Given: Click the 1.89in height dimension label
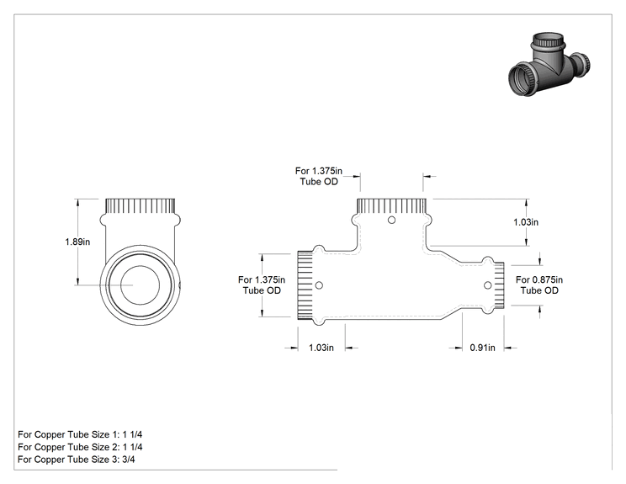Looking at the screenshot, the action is coord(77,242).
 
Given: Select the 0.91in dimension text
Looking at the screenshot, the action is coord(482,348).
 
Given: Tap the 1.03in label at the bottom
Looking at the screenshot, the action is coord(321,348).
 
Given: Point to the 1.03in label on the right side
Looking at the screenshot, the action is coord(526,222).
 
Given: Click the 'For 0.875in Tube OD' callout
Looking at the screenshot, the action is coord(539,285).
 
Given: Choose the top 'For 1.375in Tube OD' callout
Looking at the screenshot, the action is coord(319,176).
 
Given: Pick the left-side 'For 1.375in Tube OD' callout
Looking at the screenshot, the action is coord(262,285).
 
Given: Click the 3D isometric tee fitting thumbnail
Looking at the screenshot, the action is coord(549,65).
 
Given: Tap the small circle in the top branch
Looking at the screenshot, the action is coord(391,220).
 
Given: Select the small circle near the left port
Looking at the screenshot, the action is coord(319,285).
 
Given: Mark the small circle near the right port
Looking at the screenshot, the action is coord(487,285).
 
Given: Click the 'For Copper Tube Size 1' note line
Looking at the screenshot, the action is coord(80,434).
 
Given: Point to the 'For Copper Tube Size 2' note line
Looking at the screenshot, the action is coord(80,447).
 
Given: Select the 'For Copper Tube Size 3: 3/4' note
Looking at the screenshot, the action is coord(77,460).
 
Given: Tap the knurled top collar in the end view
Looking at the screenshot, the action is coord(141,206).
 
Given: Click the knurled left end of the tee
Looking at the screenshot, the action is coord(305,285).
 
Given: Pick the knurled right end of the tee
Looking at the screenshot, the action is coord(499,285).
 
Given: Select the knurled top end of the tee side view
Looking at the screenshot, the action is coord(391,206).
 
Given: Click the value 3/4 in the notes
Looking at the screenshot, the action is coord(129,460).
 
